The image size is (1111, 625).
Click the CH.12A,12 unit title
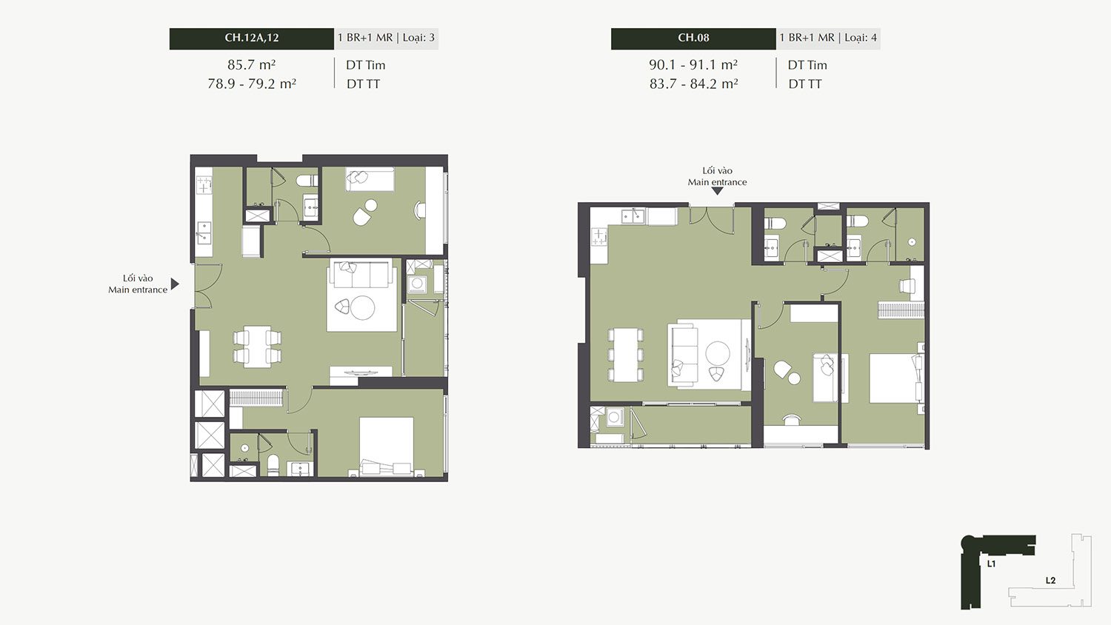(252, 38)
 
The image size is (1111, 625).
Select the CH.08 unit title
(693, 38)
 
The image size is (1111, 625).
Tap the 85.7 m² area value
(252, 64)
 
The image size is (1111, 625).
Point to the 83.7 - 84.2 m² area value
(693, 84)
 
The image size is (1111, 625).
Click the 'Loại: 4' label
(861, 38)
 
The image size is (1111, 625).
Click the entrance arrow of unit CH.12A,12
(175, 284)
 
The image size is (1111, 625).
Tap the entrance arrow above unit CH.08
(717, 191)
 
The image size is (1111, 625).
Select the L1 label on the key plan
(992, 564)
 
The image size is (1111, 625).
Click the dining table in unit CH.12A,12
(257, 347)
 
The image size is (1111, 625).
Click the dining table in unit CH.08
(626, 355)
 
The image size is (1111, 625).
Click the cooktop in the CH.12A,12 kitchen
(204, 186)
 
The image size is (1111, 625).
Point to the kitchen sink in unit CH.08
(633, 216)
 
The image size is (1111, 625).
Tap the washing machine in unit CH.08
(614, 417)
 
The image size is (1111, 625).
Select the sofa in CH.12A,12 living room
(362, 275)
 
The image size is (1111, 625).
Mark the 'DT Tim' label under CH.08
(807, 65)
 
